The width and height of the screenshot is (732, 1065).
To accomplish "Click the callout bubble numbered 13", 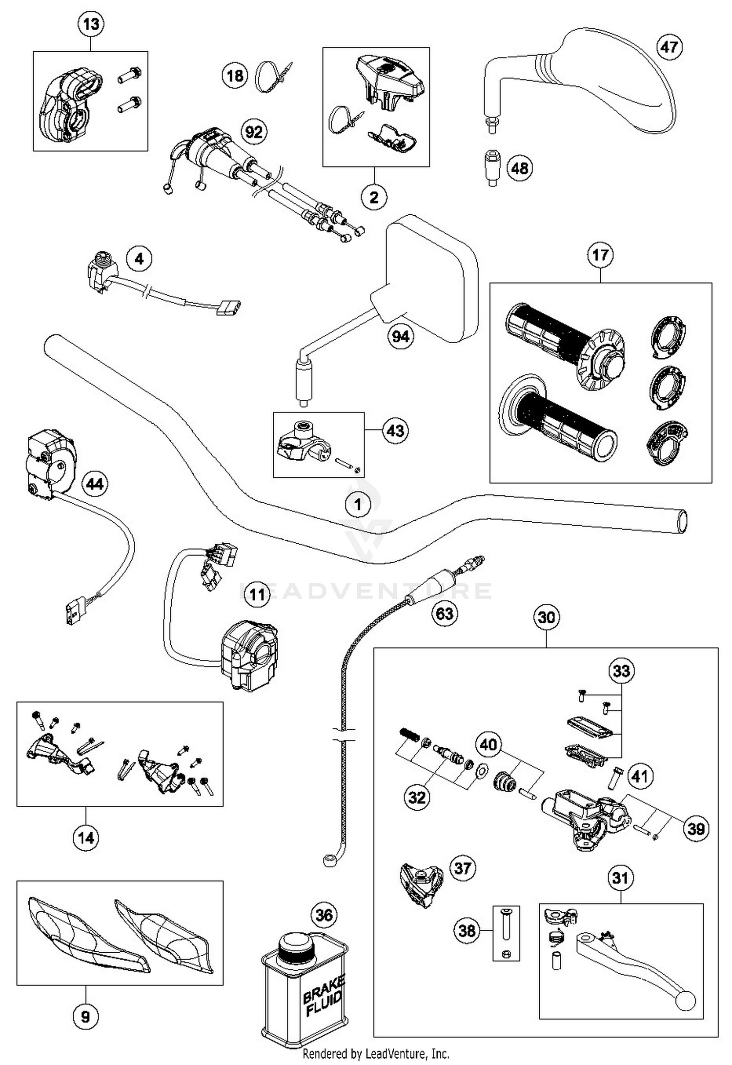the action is pyautogui.click(x=91, y=24).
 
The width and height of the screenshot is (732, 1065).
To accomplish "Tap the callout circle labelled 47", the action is pyautogui.click(x=669, y=47).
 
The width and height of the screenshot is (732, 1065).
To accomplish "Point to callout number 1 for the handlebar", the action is pyautogui.click(x=358, y=504).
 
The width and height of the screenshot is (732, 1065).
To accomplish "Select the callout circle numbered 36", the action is pyautogui.click(x=324, y=915).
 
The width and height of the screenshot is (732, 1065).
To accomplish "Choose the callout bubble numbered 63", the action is pyautogui.click(x=444, y=613).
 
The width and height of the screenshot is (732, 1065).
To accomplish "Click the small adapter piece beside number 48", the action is pyautogui.click(x=492, y=167).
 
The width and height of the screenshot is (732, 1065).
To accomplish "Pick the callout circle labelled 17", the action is pyautogui.click(x=600, y=255).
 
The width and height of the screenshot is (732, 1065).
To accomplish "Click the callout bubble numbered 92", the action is pyautogui.click(x=254, y=132).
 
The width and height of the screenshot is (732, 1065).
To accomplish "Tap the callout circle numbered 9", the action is pyautogui.click(x=85, y=1016).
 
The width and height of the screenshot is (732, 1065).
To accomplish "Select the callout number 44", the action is pyautogui.click(x=95, y=484).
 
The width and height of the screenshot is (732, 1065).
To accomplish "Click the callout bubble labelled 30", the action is pyautogui.click(x=546, y=617).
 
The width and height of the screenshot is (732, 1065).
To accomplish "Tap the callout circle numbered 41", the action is pyautogui.click(x=640, y=776).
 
